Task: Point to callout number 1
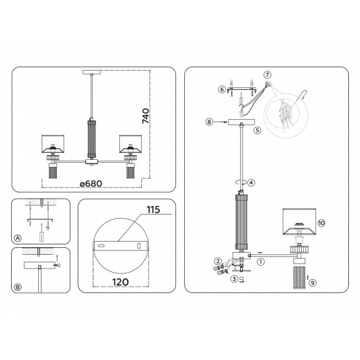point(261,262)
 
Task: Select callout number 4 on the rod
point(252,183)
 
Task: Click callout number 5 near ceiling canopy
point(256,129)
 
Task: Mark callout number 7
point(267,74)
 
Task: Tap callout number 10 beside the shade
point(320,222)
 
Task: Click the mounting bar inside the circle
point(120,246)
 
